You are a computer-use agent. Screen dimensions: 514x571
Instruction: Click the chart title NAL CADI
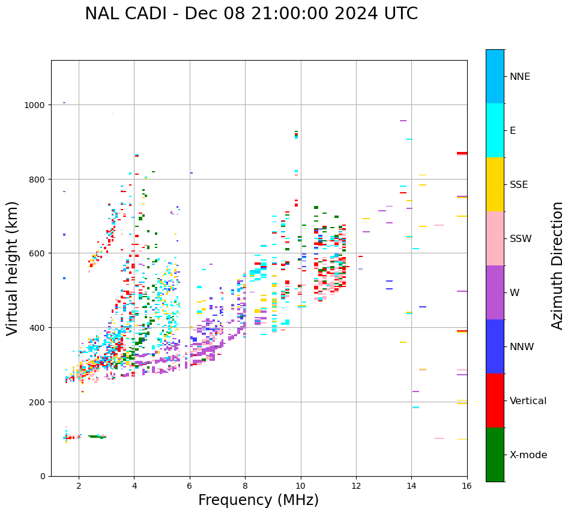tap(251, 14)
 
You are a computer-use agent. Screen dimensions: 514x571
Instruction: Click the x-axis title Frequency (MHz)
tap(258, 500)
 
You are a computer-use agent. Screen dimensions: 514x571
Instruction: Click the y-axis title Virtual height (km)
tap(13, 268)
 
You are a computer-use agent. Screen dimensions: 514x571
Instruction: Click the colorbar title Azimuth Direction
tap(558, 265)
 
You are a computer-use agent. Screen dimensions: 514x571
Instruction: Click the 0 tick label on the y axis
tap(43, 476)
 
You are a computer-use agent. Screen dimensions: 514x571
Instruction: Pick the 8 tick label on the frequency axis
tap(245, 486)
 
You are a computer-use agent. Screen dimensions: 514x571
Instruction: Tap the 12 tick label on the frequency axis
tap(356, 486)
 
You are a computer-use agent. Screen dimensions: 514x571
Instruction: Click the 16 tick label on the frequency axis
tap(467, 486)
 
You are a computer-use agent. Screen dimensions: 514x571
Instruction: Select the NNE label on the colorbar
tap(520, 77)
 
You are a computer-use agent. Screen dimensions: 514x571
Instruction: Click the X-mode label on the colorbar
tap(528, 455)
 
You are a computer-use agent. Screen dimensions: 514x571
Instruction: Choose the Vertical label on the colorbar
tap(528, 401)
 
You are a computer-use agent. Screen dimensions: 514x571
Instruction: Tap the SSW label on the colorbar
tap(521, 239)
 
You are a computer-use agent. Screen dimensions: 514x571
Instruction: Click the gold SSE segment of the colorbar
tap(495, 184)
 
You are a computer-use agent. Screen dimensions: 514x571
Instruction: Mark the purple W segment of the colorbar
tap(495, 292)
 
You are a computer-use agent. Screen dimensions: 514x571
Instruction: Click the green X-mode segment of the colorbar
tap(495, 455)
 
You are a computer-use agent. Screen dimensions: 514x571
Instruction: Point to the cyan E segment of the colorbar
tap(495, 130)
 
